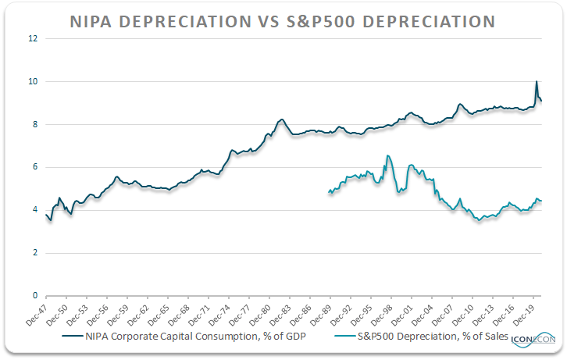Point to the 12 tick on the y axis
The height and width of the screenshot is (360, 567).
pos(33,38)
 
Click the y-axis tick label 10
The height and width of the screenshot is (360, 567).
pos(33,81)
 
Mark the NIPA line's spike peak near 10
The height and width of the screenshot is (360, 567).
pos(537,82)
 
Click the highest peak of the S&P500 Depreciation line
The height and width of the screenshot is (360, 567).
pos(387,156)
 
